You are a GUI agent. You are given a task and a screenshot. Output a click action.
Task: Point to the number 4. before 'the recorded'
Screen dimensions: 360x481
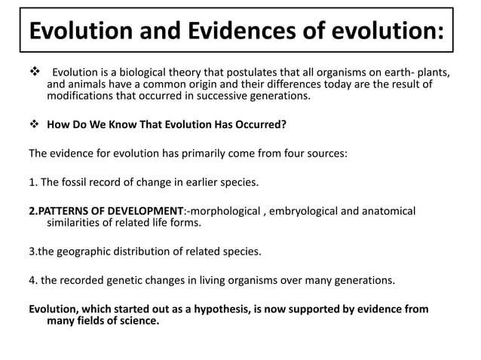click(x=33, y=281)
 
